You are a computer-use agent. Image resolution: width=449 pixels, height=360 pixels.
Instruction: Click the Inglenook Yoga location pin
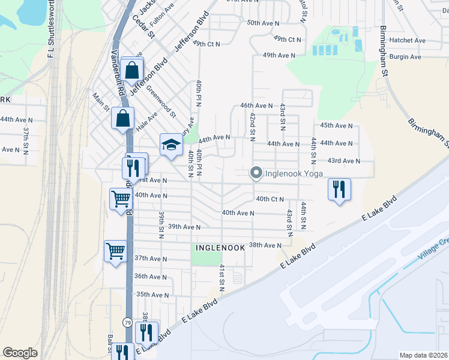(256, 173)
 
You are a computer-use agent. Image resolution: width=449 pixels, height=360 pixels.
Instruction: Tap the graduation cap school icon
(170, 144)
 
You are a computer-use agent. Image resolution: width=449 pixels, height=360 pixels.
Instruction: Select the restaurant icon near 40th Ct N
(339, 189)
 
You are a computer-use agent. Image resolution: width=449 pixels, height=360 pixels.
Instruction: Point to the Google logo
(20, 353)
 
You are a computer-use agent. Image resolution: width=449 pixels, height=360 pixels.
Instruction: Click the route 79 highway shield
(127, 323)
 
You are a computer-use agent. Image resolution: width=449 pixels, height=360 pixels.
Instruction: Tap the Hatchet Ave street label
(407, 40)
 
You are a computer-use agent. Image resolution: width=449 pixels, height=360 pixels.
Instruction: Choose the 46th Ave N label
(256, 105)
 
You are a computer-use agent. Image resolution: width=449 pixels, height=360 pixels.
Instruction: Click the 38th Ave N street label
(265, 245)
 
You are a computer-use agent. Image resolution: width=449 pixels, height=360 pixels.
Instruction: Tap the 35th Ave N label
(152, 295)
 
